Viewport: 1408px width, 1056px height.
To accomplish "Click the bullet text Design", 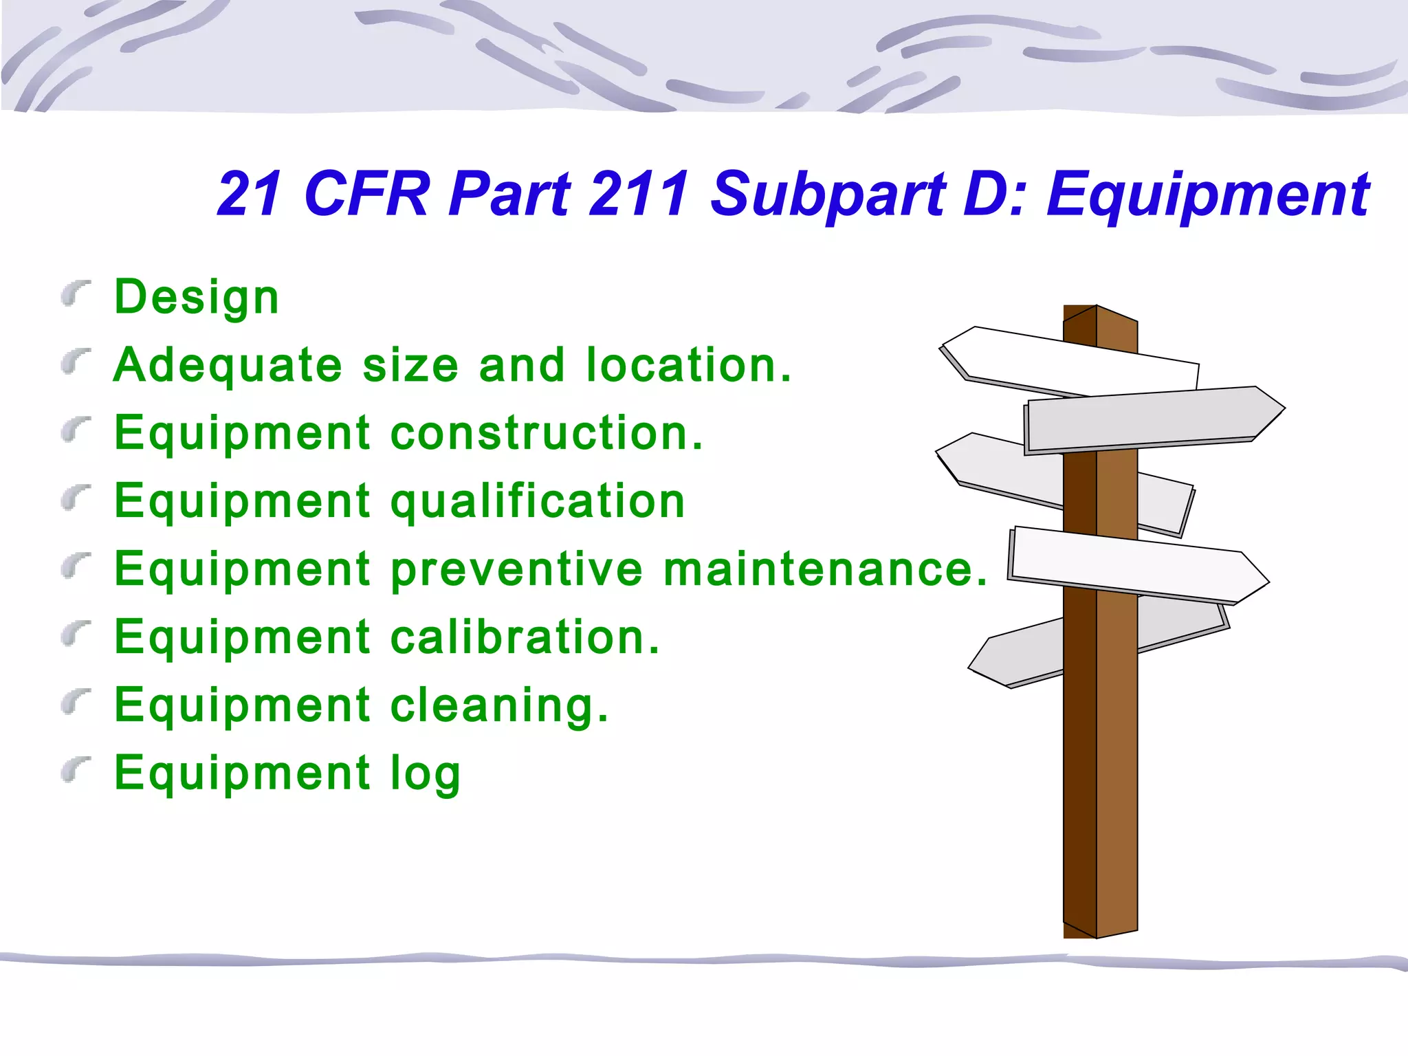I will pyautogui.click(x=197, y=298).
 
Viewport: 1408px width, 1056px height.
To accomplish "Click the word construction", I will pyautogui.click(x=547, y=433).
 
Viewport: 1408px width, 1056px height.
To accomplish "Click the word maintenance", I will pyautogui.click(x=825, y=569).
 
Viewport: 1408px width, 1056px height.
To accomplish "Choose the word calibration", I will pyautogui.click(x=525, y=637).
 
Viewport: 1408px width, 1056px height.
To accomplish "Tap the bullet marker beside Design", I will pyautogui.click(x=75, y=294).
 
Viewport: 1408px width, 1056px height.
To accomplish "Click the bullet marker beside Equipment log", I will pyautogui.click(x=75, y=770).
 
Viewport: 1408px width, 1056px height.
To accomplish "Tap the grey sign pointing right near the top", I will pyautogui.click(x=1155, y=418).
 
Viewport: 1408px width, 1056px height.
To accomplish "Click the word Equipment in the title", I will pyautogui.click(x=1207, y=195).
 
